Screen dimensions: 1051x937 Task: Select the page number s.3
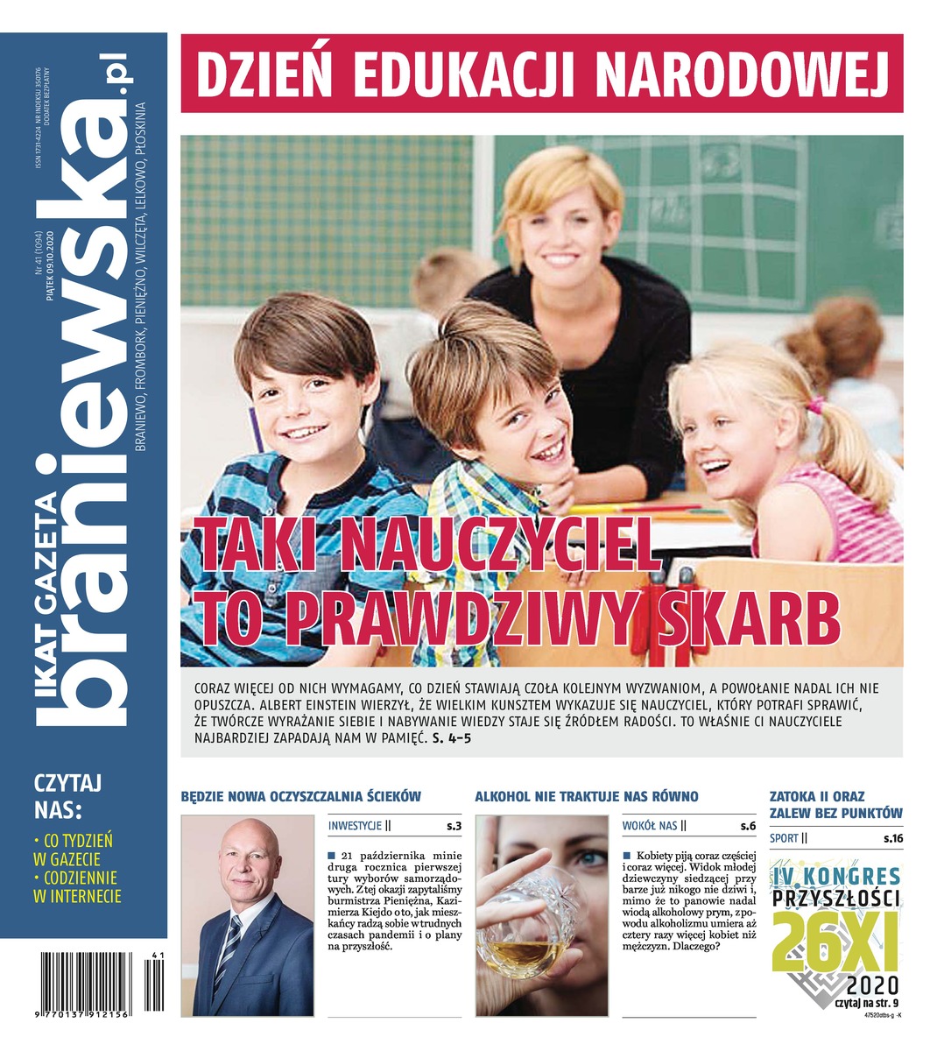point(454,825)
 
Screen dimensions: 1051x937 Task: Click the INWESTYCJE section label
point(356,825)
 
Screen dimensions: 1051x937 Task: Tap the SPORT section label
point(785,838)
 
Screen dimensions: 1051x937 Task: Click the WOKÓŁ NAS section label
point(650,825)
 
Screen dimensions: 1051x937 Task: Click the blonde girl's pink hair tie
point(816,406)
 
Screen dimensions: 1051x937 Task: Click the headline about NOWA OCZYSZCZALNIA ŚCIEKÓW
point(301,796)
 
